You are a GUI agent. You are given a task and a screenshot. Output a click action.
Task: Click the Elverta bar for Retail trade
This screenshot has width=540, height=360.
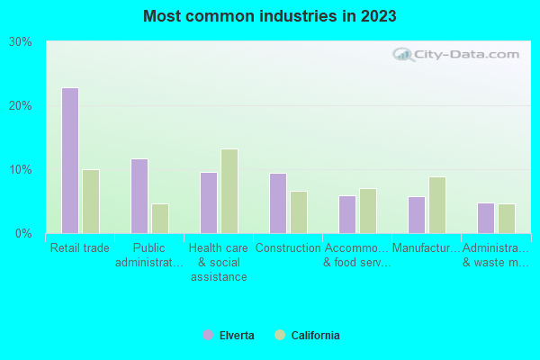(69, 160)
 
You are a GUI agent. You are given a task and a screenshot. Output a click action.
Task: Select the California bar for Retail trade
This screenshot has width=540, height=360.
(90, 201)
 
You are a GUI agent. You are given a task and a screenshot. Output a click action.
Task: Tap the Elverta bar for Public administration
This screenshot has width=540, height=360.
(139, 195)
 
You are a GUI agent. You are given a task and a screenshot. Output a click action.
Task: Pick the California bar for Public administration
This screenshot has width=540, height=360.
(159, 218)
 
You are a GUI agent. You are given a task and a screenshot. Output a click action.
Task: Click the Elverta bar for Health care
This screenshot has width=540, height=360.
(208, 202)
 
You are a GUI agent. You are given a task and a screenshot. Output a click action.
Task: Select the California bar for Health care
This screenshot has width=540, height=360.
(229, 191)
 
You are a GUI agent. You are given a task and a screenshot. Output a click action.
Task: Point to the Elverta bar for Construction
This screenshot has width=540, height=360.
(277, 202)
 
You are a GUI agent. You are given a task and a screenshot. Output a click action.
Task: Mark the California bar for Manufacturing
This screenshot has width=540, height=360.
(436, 204)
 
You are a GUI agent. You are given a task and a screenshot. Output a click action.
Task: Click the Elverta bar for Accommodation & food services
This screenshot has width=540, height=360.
(346, 214)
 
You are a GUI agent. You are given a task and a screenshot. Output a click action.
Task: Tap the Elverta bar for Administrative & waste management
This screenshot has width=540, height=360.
(485, 218)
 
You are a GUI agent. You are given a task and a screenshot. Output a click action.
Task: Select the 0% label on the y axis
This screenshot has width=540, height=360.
(23, 233)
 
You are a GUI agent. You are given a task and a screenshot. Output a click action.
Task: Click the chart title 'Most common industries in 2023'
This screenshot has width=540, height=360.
(269, 16)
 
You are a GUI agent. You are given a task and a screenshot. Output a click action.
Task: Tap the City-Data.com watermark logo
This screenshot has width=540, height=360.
(458, 54)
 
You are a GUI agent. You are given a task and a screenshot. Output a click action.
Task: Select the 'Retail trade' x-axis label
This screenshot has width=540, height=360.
(80, 248)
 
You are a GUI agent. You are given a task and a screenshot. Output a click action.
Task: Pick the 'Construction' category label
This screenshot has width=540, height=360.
(288, 248)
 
